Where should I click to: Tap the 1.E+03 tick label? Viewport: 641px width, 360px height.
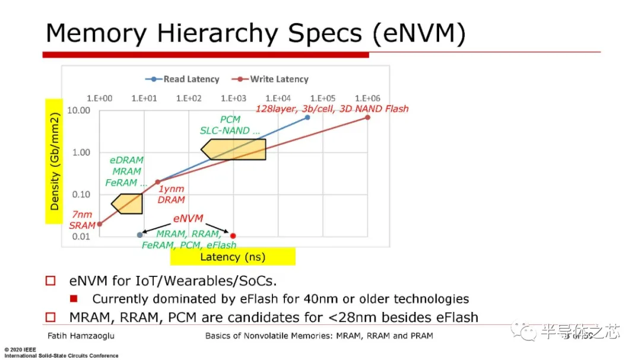coord(233,98)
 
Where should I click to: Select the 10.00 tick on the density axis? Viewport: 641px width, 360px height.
coord(79,110)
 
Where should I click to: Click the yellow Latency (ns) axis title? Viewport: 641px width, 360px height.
coord(233,257)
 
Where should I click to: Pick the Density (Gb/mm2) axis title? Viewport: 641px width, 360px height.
coord(55,160)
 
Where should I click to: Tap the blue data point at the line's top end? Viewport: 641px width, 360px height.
coord(307,117)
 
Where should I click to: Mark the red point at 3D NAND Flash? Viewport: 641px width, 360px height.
coord(367,117)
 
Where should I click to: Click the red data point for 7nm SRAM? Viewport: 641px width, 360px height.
coord(99,224)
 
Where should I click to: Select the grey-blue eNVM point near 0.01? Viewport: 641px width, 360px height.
coord(139,235)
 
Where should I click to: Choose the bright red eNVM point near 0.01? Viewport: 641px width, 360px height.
coord(233,235)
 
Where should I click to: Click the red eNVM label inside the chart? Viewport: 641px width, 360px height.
coord(188,219)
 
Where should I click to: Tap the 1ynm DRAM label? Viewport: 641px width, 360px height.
coord(172,195)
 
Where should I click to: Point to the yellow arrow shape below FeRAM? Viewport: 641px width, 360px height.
coord(127,203)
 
